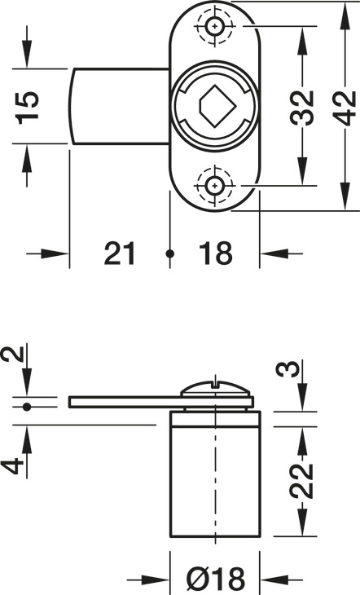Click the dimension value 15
click(27, 107)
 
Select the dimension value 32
click(303, 105)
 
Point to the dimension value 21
click(121, 253)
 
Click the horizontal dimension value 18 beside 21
click(215, 253)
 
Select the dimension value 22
click(303, 481)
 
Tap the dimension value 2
click(11, 355)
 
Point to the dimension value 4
click(11, 465)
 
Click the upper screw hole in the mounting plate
click(214, 27)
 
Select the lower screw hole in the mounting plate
click(214, 185)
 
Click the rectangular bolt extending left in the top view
click(118, 106)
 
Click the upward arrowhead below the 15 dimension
click(27, 160)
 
